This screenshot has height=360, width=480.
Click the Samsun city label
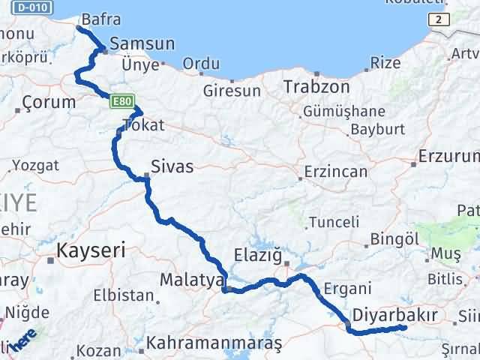pos(142,43)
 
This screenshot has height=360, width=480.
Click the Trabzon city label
pos(316,86)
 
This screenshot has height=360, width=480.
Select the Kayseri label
pos(91,250)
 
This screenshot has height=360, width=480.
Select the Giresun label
pos(232,91)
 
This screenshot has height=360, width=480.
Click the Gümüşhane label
pos(343,112)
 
